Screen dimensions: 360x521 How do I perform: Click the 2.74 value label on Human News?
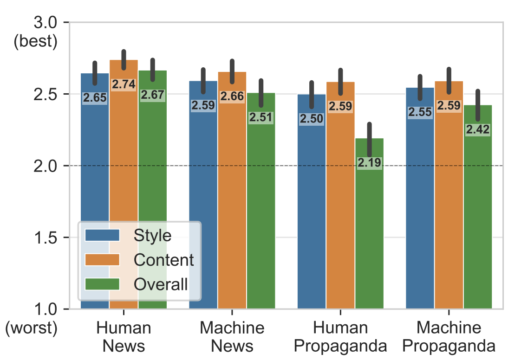124,84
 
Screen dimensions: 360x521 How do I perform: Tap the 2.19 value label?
370,163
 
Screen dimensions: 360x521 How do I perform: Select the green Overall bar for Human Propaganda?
370,232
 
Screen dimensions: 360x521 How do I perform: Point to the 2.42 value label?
478,130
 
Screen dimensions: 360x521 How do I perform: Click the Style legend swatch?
103,235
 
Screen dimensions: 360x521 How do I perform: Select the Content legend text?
163,260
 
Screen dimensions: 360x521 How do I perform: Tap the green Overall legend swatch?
103,284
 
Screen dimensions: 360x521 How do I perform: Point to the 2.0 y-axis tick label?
46,166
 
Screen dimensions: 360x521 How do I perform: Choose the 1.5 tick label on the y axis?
46,238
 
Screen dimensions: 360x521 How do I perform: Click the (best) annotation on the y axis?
35,42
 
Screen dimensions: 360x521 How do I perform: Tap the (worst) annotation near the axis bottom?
31,328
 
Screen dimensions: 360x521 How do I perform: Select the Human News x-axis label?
124,337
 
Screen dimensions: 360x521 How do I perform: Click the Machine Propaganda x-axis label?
449,337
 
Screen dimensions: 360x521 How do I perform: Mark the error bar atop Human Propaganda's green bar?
370,139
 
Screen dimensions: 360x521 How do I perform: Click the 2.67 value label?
152,95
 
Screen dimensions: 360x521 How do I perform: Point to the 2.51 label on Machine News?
261,117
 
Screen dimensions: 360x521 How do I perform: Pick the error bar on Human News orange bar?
124,59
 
